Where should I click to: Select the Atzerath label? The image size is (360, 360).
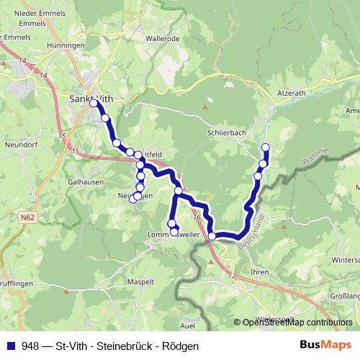coord(292,93)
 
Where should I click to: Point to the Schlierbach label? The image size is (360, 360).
coord(228,133)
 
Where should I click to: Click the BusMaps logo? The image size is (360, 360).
coord(325,346)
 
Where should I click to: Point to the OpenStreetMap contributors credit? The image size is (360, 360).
coord(297,323)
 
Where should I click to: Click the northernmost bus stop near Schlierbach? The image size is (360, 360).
coord(265,148)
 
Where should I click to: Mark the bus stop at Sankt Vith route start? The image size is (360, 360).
coord(94,103)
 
